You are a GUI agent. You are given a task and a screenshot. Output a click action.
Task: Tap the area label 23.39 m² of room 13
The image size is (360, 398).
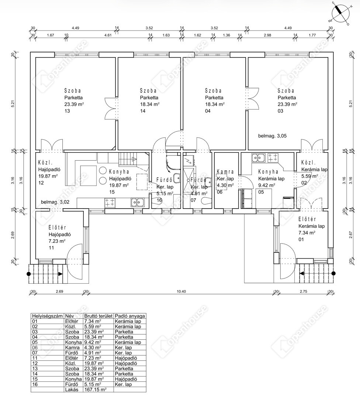pos(74,104)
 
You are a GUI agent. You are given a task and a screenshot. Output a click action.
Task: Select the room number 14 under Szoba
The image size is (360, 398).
pos(143,111)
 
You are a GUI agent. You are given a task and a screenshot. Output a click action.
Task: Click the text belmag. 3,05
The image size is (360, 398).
pos(272,136)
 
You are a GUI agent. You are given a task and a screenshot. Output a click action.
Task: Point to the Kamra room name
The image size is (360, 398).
pos(225,172)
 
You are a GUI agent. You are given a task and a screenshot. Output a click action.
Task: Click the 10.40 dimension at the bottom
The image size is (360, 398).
pos(181,291)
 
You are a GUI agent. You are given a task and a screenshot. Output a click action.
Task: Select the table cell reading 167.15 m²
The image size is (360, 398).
pos(95,390)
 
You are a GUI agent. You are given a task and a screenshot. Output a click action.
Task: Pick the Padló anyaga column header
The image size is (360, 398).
pos(130,316)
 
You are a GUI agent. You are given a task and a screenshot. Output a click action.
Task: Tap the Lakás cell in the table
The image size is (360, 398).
pos(72,390)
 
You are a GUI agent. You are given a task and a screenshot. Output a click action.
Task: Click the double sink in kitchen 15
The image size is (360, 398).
pos(138,202)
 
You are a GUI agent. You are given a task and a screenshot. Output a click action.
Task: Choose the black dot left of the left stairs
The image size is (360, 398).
pos(29,274)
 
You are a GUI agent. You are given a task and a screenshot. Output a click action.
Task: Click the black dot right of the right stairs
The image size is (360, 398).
pos(333,273)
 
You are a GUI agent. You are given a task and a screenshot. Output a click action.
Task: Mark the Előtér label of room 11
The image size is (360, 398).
pos(58,228)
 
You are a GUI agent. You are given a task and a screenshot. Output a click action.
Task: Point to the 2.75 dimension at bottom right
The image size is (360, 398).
pos(303,291)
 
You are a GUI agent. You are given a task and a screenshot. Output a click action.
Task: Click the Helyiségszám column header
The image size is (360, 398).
pos(47,316)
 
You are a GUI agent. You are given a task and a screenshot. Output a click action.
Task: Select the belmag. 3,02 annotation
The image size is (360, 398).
pos(55,202)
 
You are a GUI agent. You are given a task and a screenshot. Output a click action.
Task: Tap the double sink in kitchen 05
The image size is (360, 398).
pos(258,158)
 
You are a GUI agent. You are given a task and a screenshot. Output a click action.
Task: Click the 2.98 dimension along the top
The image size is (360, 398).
pos(267,35)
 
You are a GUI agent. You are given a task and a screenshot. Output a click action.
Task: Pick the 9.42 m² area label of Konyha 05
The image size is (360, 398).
pos(267,185)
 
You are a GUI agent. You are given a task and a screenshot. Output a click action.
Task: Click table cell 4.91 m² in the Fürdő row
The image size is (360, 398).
pos(93,353)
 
